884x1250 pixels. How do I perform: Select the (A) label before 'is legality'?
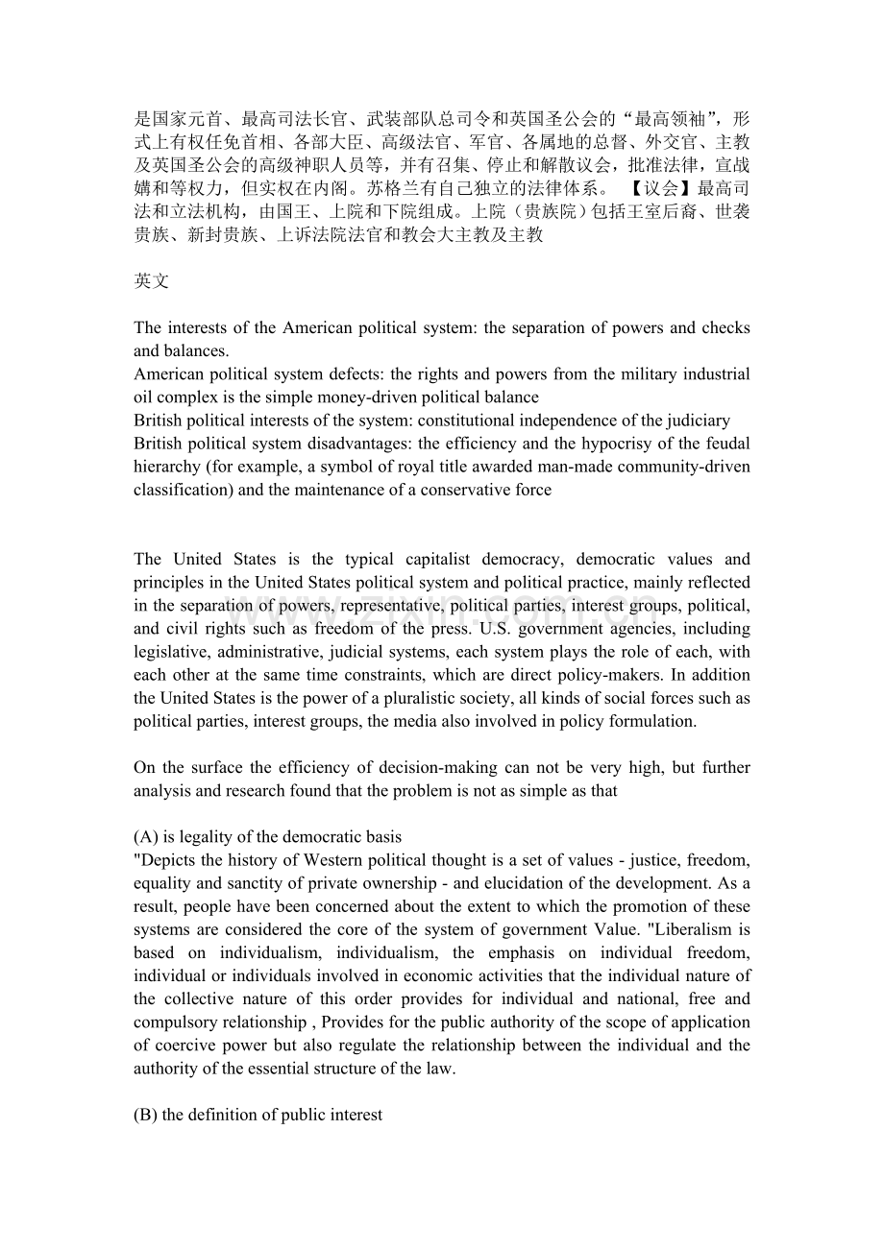(x=148, y=837)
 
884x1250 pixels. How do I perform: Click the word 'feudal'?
(x=728, y=444)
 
